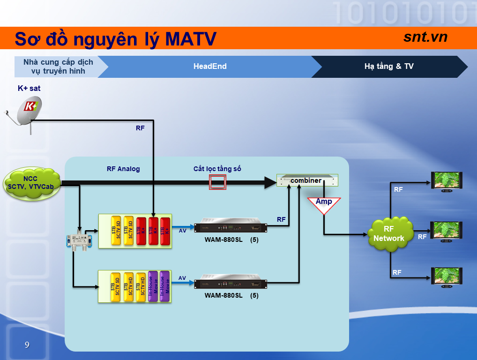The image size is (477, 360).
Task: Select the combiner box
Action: pyautogui.click(x=307, y=180)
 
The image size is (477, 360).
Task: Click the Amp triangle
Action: pyautogui.click(x=324, y=204)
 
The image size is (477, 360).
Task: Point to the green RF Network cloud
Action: pyautogui.click(x=388, y=233)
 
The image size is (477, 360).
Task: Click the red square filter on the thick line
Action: pyautogui.click(x=218, y=182)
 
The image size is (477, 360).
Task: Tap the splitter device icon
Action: pyautogui.click(x=79, y=240)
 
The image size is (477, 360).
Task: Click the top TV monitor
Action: pyautogui.click(x=447, y=180)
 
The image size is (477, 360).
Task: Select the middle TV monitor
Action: pyautogui.click(x=447, y=230)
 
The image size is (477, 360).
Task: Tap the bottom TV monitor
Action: pyautogui.click(x=447, y=276)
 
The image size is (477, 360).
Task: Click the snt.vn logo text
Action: pyautogui.click(x=425, y=37)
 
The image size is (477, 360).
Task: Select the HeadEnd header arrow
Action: pyautogui.click(x=210, y=67)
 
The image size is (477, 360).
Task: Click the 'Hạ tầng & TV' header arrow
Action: pyautogui.click(x=389, y=67)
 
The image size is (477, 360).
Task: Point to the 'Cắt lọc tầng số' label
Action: pyautogui.click(x=217, y=169)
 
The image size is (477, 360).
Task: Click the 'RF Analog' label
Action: pyautogui.click(x=123, y=169)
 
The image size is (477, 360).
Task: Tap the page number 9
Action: pyautogui.click(x=27, y=345)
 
